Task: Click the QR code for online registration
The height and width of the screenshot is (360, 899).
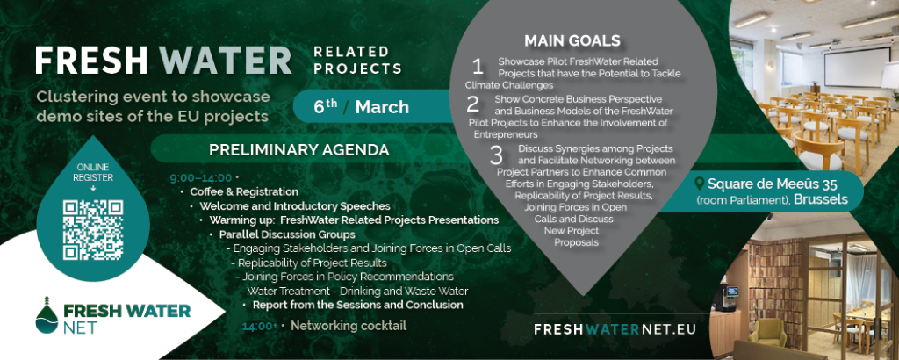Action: tap(93, 229)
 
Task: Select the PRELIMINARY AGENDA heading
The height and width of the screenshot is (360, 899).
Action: tap(298, 149)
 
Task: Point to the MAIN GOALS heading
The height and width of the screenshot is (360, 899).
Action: tap(572, 40)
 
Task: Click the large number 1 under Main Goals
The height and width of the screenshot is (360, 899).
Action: tap(478, 67)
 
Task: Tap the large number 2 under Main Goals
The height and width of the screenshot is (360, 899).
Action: tap(473, 104)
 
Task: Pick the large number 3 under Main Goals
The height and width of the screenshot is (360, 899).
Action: tap(496, 155)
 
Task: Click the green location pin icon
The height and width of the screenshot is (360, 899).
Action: tap(699, 184)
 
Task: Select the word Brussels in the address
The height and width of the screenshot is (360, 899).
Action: tap(821, 199)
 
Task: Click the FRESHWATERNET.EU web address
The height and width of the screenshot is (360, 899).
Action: tap(615, 329)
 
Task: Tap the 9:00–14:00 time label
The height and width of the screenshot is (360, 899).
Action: tap(201, 177)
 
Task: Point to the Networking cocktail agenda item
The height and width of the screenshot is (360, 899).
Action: tap(349, 326)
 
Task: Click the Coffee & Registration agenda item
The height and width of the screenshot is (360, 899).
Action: tap(244, 191)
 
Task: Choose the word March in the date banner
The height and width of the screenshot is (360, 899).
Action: tap(382, 107)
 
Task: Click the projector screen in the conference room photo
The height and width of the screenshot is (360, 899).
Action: tap(849, 67)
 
